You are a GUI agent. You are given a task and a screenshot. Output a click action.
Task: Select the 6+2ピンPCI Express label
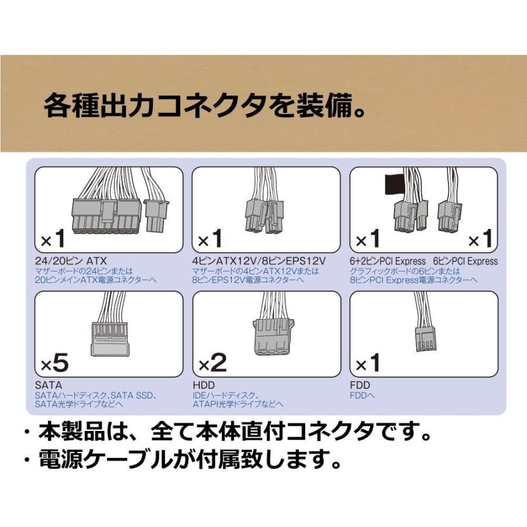(x=388, y=261)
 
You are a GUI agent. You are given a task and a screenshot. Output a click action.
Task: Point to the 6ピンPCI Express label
(x=466, y=261)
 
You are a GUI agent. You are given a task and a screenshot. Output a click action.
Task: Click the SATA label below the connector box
(x=45, y=385)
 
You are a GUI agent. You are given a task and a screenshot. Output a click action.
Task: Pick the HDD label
(x=203, y=385)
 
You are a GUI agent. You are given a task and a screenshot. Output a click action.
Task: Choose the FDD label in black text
(x=359, y=385)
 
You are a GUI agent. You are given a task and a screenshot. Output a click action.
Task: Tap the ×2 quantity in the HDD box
(x=212, y=364)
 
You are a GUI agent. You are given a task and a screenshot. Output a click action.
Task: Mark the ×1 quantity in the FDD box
(x=368, y=364)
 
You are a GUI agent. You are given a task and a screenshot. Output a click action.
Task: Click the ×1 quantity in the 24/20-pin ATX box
(x=53, y=239)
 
